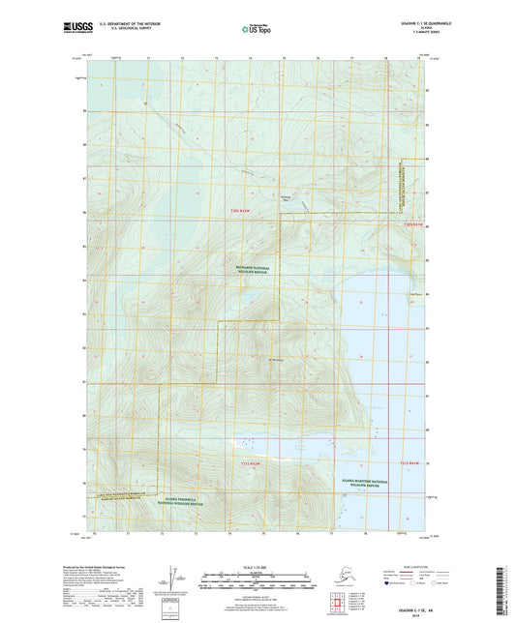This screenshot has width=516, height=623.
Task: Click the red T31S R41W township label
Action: click(x=413, y=224)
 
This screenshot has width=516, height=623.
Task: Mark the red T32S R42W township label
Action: click(x=250, y=465)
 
